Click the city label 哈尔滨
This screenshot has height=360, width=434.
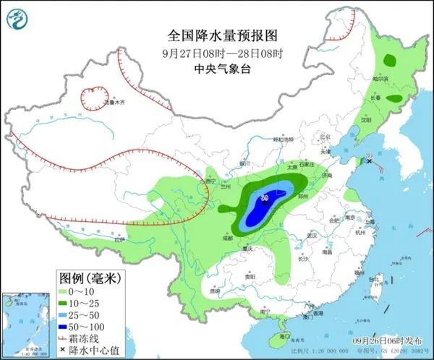(380, 78)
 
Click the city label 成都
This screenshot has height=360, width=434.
(228, 236)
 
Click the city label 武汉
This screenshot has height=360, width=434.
(312, 236)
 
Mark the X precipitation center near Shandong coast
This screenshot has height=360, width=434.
(370, 162)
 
